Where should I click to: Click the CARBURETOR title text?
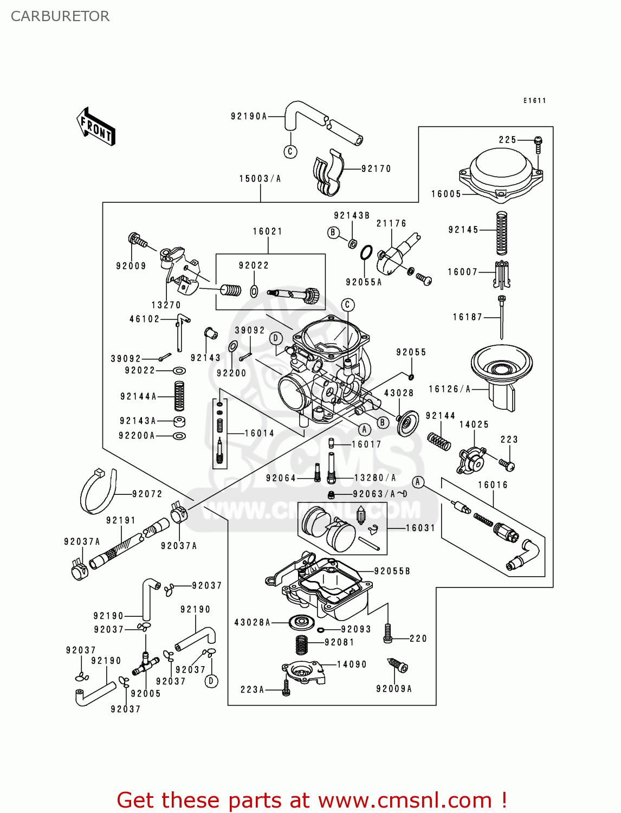click(60, 16)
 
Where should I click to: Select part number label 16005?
click(446, 194)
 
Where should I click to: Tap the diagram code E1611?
click(534, 100)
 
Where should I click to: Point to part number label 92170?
click(376, 169)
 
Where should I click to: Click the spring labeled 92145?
click(502, 233)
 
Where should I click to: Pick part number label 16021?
click(268, 231)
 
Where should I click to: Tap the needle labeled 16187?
click(502, 317)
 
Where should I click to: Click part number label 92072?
click(147, 494)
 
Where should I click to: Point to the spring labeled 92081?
click(302, 644)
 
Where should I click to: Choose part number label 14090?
click(352, 664)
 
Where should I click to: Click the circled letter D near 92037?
click(211, 681)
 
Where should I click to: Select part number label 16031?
click(421, 528)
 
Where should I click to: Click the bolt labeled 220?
click(387, 633)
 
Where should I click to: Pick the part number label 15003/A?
click(260, 179)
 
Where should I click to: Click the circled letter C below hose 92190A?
click(290, 151)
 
